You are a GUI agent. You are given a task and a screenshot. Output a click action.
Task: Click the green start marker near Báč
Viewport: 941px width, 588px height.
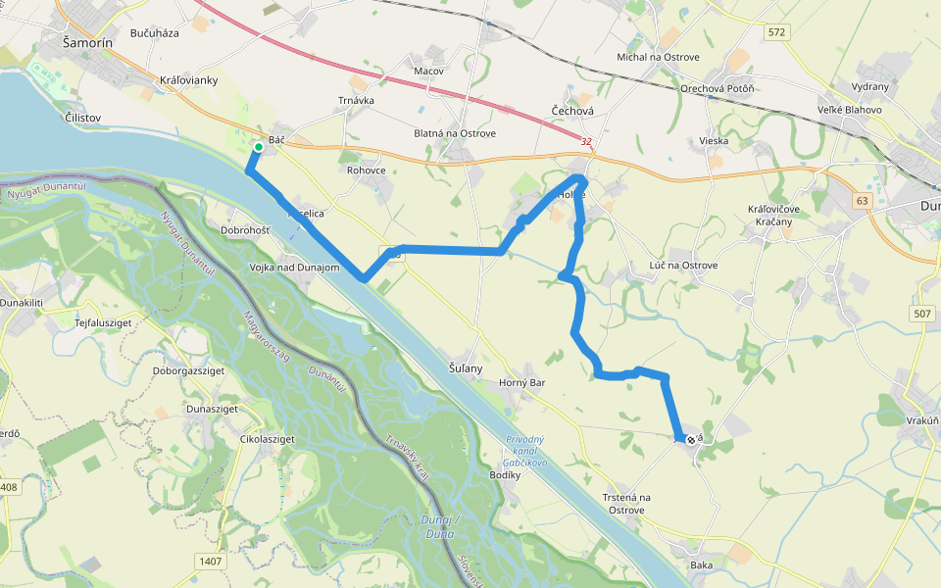click(x=258, y=147)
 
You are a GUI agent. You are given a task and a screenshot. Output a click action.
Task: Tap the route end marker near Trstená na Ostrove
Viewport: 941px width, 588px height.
click(x=691, y=440)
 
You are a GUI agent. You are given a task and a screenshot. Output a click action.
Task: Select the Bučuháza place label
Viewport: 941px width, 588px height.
click(x=154, y=32)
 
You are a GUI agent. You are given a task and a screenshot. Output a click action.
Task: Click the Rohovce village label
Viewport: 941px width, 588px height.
click(x=367, y=170)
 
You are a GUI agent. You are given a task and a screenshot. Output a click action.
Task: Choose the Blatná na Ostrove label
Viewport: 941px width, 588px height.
click(x=455, y=133)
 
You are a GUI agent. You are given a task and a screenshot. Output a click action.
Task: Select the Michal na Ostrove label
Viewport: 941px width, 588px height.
click(x=658, y=57)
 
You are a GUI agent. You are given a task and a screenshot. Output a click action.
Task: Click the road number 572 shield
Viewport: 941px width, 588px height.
click(x=777, y=32)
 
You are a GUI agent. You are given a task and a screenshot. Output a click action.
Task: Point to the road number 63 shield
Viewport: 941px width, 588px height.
click(x=862, y=201)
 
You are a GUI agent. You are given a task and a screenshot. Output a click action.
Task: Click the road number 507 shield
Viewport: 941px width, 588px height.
click(x=920, y=314)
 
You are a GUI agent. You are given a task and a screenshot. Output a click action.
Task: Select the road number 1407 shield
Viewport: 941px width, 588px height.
click(x=210, y=562)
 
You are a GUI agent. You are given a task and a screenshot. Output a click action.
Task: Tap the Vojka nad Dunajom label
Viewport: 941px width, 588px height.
click(x=294, y=268)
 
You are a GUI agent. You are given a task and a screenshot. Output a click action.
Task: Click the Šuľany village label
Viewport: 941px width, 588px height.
click(x=466, y=368)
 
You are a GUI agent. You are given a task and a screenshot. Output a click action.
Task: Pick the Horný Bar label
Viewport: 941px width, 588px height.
click(x=521, y=382)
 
